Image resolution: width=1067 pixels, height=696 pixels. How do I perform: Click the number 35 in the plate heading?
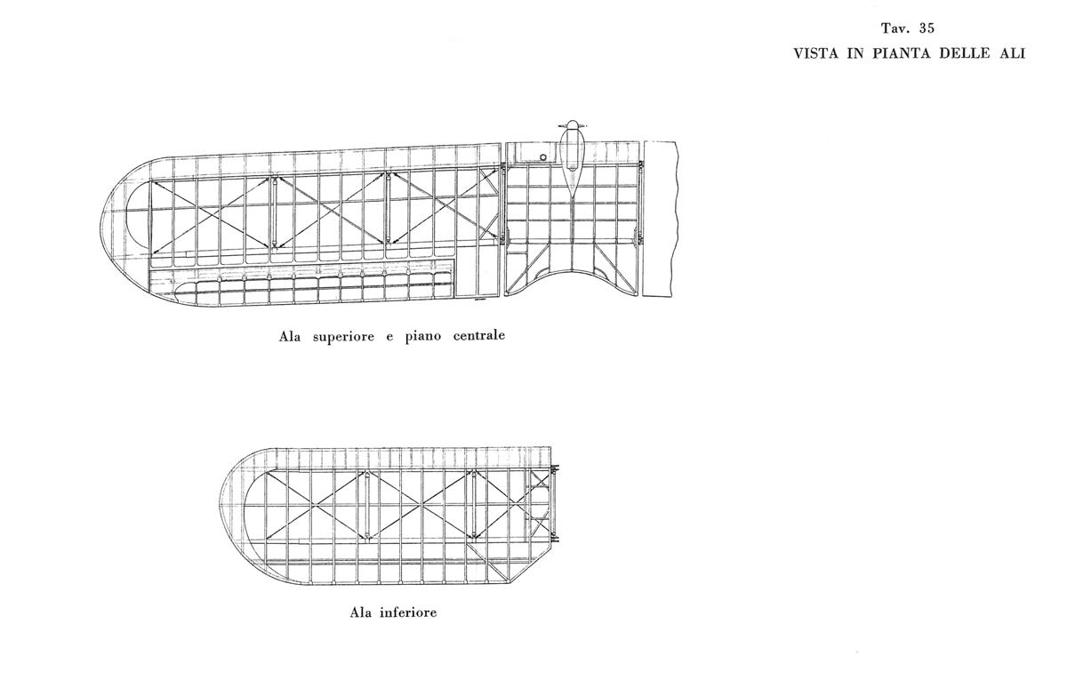tap(927, 28)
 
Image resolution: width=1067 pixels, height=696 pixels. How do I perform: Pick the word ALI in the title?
tap(1011, 53)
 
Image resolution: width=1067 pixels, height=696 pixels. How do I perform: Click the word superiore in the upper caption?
tap(343, 337)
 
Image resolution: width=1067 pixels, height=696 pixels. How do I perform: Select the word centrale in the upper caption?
tap(478, 336)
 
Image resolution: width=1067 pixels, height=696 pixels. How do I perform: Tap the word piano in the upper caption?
tap(423, 337)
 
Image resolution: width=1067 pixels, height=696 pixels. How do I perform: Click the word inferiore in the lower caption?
tap(408, 612)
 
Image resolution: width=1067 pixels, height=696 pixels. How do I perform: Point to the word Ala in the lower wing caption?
tap(360, 612)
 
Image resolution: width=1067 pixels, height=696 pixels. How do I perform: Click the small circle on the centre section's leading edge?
tap(542, 156)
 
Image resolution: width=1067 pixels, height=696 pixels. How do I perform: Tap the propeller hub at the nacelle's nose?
tap(571, 124)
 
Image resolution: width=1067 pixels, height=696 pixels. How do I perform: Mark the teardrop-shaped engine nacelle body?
tap(571, 162)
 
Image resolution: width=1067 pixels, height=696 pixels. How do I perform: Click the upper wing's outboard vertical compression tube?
tap(275, 212)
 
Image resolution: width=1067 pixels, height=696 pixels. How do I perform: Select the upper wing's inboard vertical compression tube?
tap(389, 209)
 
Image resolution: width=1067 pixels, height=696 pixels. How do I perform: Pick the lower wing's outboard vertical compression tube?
tap(366, 505)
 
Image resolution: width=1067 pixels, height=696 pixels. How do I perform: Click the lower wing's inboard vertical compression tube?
tap(474, 505)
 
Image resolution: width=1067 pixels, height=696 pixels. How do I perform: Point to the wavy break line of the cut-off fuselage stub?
tap(675, 219)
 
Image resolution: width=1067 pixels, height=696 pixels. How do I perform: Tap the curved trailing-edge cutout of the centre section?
tap(572, 270)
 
